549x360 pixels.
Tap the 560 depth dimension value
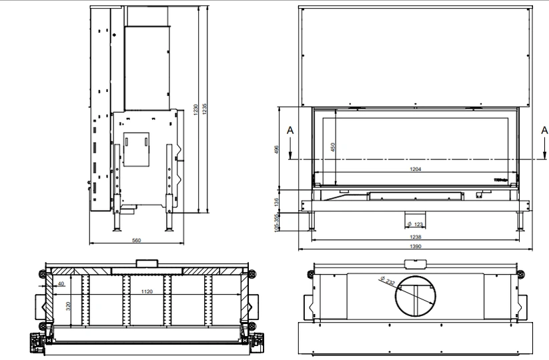[x=137, y=240]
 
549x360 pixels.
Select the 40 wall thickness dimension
[x=61, y=283]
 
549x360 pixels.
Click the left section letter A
[x=290, y=131]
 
